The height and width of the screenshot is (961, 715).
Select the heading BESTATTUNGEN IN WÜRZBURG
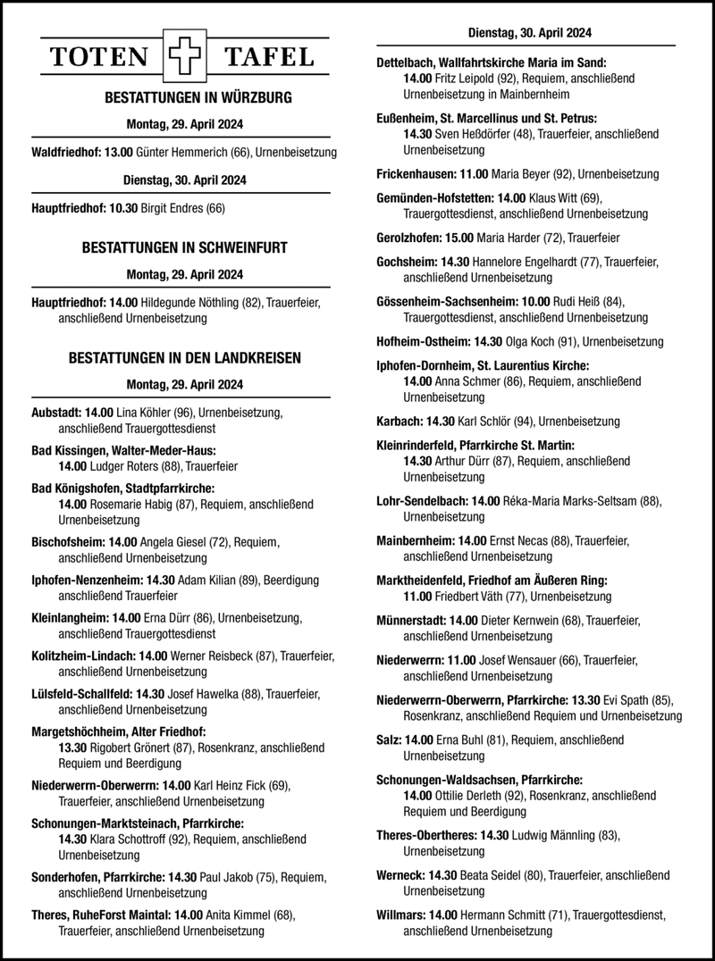tap(186, 96)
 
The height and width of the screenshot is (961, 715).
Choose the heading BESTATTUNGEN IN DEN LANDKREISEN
tap(185, 358)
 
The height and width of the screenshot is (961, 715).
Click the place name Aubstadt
tap(55, 413)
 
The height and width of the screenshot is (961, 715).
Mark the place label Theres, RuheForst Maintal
tap(101, 915)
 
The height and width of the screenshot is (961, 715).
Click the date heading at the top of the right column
tap(529, 35)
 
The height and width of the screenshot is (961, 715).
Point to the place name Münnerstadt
tap(412, 620)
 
